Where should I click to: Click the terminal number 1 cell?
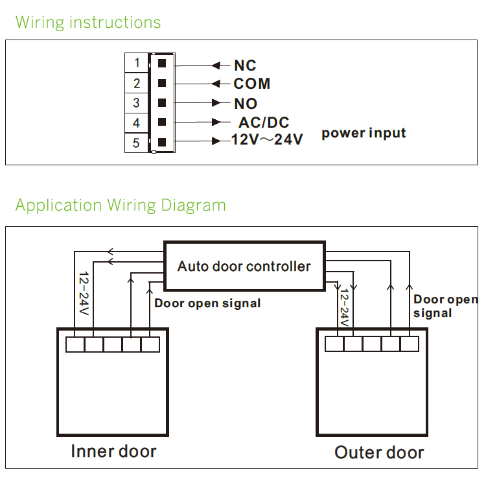click(137, 63)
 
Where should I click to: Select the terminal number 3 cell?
click(137, 103)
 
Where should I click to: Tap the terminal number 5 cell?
click(137, 143)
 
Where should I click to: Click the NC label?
click(245, 65)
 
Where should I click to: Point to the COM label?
click(252, 84)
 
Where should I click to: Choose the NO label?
click(246, 104)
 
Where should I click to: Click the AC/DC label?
click(264, 123)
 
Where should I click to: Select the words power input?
click(364, 134)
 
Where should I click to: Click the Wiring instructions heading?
click(88, 23)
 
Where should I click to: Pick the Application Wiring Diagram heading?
click(121, 205)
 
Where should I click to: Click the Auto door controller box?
click(244, 266)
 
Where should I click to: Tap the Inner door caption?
click(113, 451)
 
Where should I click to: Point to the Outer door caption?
click(379, 452)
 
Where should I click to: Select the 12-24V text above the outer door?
click(344, 308)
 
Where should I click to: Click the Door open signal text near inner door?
click(207, 303)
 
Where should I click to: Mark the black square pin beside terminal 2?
click(162, 83)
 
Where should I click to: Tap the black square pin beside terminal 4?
click(162, 123)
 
